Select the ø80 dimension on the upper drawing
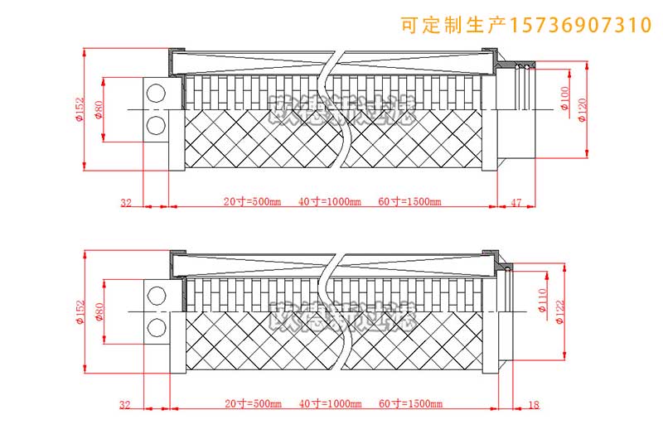click(x=99, y=109)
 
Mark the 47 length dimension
click(x=515, y=201)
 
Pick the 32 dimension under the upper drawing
click(x=126, y=201)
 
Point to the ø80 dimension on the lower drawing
click(x=99, y=312)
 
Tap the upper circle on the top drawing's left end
click(x=155, y=94)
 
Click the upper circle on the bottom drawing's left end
click(x=155, y=296)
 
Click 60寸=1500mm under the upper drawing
click(x=409, y=201)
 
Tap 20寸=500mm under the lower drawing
click(x=252, y=404)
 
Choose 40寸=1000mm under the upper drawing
click(x=330, y=201)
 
